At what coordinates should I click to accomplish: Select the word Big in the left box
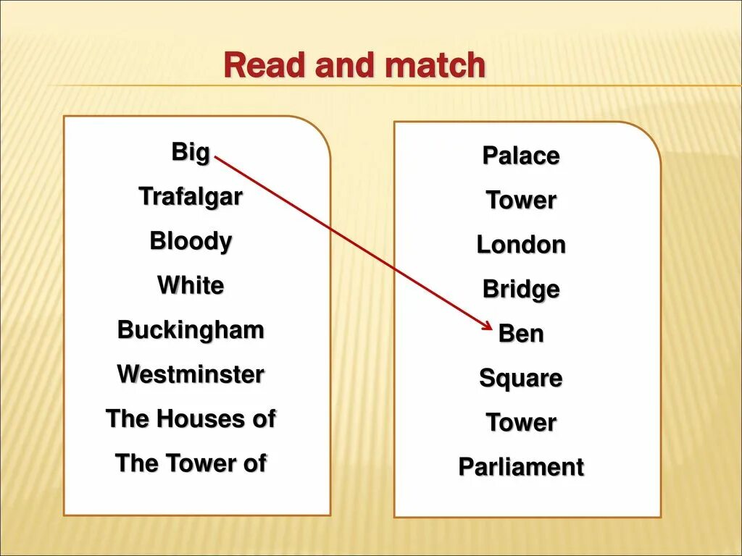tap(191, 153)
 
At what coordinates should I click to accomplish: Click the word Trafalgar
tap(191, 196)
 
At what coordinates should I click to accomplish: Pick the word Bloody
tap(191, 241)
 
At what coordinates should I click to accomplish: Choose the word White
tap(191, 285)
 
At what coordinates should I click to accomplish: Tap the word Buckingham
tap(191, 330)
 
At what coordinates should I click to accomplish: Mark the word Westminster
tap(191, 374)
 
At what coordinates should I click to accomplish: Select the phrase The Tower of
tap(191, 463)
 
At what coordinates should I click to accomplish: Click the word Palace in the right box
tap(521, 156)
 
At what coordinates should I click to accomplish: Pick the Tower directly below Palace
tap(521, 200)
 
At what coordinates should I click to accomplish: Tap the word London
tap(521, 245)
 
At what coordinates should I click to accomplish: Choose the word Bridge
tap(521, 290)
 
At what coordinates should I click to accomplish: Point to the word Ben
tap(521, 334)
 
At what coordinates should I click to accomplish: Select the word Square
tap(521, 378)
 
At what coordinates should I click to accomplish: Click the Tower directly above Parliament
tap(521, 422)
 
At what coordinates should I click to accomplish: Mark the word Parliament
tap(521, 467)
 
